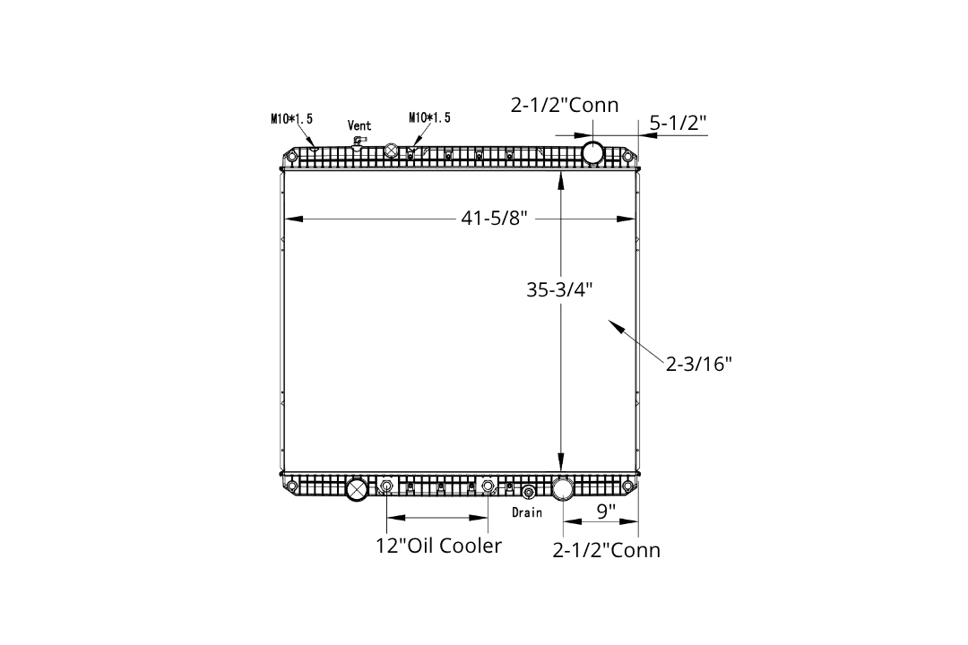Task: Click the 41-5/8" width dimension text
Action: click(x=494, y=218)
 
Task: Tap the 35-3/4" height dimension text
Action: click(x=559, y=288)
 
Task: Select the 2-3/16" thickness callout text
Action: click(x=698, y=364)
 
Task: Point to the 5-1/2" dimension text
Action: click(x=678, y=123)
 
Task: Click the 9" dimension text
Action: click(x=606, y=512)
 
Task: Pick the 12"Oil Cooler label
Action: click(x=438, y=546)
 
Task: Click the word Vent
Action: click(x=359, y=125)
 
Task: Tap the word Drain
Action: click(x=527, y=512)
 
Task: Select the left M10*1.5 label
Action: click(x=291, y=118)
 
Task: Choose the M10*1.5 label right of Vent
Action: click(x=429, y=117)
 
